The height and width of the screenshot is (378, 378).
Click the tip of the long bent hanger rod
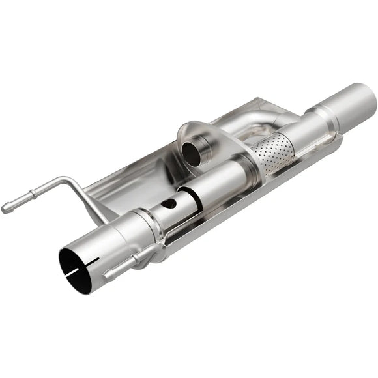click(6, 209)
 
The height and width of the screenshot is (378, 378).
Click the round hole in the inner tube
click(169, 203)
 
